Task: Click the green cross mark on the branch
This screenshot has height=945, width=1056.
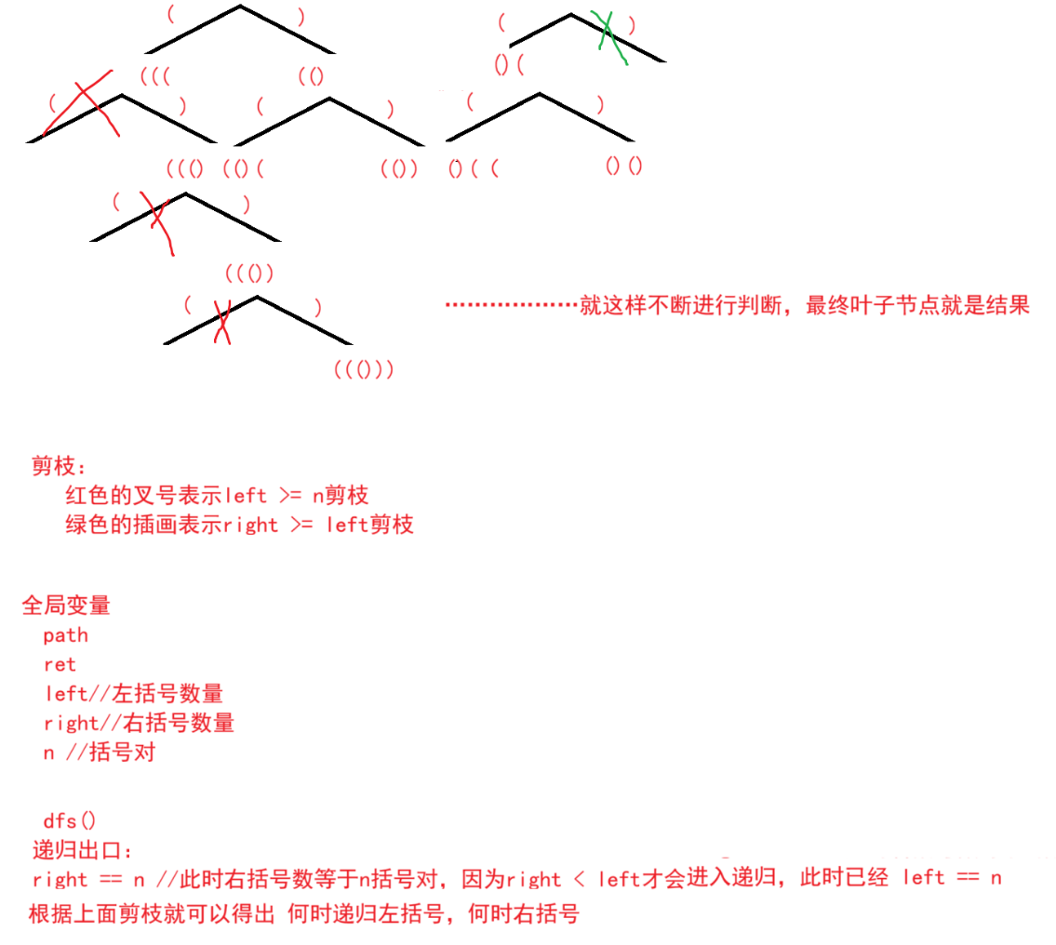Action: (x=610, y=37)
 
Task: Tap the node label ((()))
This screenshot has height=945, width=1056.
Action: (x=364, y=370)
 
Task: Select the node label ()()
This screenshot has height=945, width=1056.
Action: (x=623, y=166)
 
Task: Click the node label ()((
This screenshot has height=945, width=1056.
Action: (x=474, y=168)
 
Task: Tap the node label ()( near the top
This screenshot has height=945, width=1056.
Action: (x=509, y=64)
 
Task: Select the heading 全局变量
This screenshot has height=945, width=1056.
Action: (x=66, y=606)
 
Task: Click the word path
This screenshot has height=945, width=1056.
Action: (x=65, y=635)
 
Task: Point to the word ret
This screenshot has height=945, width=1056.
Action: (x=60, y=665)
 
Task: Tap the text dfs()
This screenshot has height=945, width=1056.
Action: (x=70, y=820)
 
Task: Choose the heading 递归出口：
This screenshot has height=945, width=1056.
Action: (x=83, y=850)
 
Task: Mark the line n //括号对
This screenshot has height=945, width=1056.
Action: (x=99, y=752)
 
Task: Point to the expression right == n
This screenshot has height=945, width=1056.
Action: (x=88, y=880)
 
